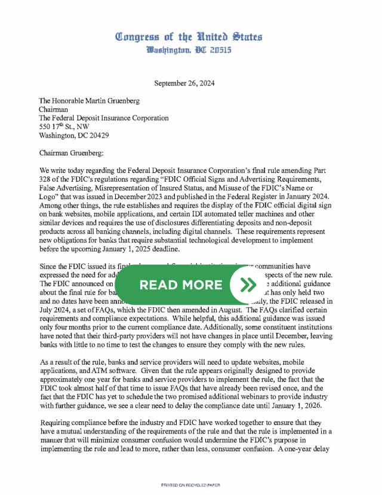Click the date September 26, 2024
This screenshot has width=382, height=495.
[x=184, y=84]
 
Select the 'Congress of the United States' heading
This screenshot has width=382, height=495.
[x=189, y=36]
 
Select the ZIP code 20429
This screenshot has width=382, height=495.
[x=109, y=135]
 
